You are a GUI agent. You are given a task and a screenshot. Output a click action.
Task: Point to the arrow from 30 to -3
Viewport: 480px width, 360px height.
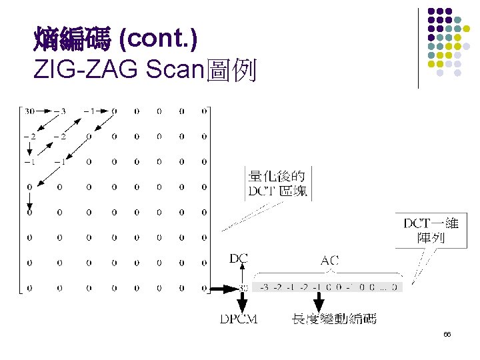click(x=45, y=111)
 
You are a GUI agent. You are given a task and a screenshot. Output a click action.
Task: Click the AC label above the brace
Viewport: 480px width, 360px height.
click(x=329, y=260)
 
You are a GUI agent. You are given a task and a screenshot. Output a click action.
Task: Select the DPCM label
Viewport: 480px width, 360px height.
click(x=239, y=319)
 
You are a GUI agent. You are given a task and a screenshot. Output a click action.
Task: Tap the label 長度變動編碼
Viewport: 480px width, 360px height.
click(x=334, y=319)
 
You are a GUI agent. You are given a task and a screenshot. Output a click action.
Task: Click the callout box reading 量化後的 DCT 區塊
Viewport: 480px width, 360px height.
click(x=276, y=184)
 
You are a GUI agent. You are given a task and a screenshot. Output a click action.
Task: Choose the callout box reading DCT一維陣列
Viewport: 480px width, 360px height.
click(x=431, y=231)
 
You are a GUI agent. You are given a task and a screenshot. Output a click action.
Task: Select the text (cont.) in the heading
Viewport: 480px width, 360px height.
click(x=157, y=41)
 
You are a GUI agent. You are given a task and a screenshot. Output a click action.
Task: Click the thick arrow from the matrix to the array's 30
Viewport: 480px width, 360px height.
click(x=222, y=288)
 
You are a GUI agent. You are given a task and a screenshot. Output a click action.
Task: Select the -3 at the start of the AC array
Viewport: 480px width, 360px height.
click(x=263, y=288)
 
